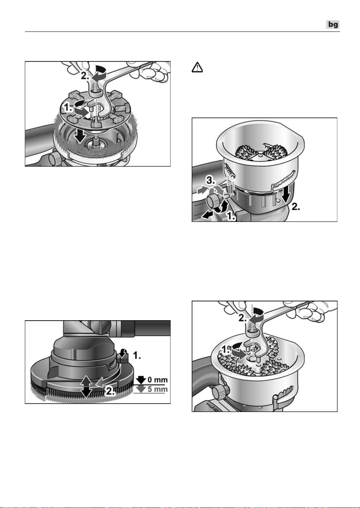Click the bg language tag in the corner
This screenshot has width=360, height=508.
333,25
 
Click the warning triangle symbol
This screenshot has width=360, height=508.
197,67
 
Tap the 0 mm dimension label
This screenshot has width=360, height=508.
158,380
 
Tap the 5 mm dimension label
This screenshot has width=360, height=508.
158,389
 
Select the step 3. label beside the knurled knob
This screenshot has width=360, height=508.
211,181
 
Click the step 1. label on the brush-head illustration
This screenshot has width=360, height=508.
137,356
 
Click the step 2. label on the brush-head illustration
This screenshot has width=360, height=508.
110,391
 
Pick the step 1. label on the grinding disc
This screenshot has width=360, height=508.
68,108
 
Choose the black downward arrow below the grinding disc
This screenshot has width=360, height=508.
81,137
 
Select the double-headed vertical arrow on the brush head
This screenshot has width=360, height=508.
86,386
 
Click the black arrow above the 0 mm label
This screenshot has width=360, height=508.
141,380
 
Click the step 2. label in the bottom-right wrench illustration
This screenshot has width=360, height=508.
243,318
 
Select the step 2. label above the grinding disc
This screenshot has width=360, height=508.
85,76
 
